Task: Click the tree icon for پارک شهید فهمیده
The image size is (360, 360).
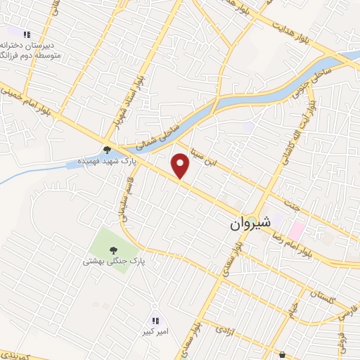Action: pyautogui.click(x=106, y=149)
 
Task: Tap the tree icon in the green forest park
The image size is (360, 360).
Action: pyautogui.click(x=113, y=249)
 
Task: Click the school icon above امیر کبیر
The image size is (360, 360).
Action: pyautogui.click(x=156, y=320)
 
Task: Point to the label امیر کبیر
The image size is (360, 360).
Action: pyautogui.click(x=156, y=333)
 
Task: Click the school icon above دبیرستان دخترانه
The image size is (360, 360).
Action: pyautogui.click(x=27, y=34)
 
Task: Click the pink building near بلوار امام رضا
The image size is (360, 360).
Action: pyautogui.click(x=297, y=229)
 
